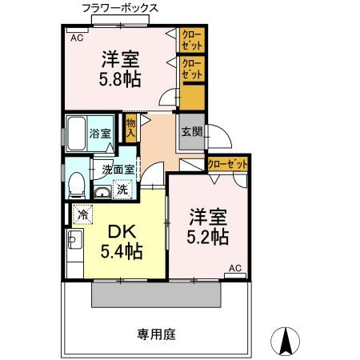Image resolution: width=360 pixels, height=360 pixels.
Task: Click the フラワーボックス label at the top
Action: click(119, 8)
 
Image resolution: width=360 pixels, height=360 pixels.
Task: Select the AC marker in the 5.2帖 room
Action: click(235, 268)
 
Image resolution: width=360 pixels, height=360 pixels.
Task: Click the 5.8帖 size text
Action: click(121, 81)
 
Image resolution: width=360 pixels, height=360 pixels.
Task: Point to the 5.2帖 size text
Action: click(209, 237)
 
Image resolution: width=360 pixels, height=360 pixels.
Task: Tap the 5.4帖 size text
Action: click(122, 252)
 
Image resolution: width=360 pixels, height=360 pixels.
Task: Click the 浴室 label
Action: click(99, 134)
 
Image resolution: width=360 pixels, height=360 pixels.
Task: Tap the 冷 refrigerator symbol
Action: click(83, 214)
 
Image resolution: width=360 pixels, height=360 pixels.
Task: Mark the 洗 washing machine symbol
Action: click(122, 190)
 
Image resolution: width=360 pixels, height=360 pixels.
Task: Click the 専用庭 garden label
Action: click(154, 333)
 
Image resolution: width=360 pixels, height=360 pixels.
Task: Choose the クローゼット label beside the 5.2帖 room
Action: click(227, 164)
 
